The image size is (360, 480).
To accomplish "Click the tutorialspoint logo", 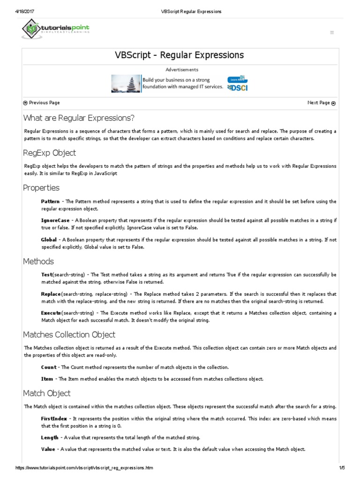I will [55, 29].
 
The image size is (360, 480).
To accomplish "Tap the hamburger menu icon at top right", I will [332, 32].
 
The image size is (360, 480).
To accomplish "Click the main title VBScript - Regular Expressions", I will [180, 55].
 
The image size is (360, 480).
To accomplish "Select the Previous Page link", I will [41, 103].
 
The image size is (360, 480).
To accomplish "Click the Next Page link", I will [321, 103].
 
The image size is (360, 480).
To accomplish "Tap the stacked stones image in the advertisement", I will [126, 83].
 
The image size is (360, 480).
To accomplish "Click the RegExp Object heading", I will [49, 153].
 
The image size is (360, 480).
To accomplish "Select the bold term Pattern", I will [50, 202].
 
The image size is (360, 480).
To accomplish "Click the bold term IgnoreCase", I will [55, 220].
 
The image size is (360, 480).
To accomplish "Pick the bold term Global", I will [49, 239].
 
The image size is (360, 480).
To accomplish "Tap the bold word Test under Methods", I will [46, 275].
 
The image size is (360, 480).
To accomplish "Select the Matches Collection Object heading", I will [69, 335].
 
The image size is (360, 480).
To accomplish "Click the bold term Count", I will [49, 367].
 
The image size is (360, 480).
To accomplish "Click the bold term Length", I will [50, 437].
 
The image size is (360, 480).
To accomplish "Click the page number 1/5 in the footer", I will [342, 468].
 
